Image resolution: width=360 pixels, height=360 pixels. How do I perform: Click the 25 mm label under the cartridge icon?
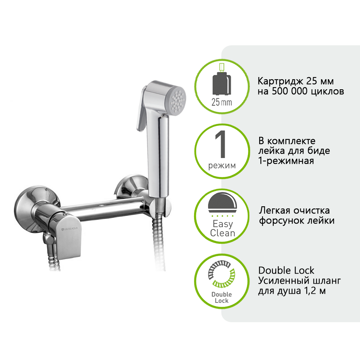pos(221,102)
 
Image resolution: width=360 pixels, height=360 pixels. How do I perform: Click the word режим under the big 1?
pos(222,166)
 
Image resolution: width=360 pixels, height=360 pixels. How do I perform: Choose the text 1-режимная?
pos(286,161)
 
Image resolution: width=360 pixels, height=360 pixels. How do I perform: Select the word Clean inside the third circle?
pos(222,233)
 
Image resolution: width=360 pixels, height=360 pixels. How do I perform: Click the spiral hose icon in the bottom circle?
pos(221,274)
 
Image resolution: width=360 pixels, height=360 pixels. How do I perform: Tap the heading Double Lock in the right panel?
pos(286,270)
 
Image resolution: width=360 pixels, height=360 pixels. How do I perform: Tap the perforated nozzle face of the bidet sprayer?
pos(178,101)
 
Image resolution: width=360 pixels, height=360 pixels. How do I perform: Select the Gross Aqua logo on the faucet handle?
pos(69,229)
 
